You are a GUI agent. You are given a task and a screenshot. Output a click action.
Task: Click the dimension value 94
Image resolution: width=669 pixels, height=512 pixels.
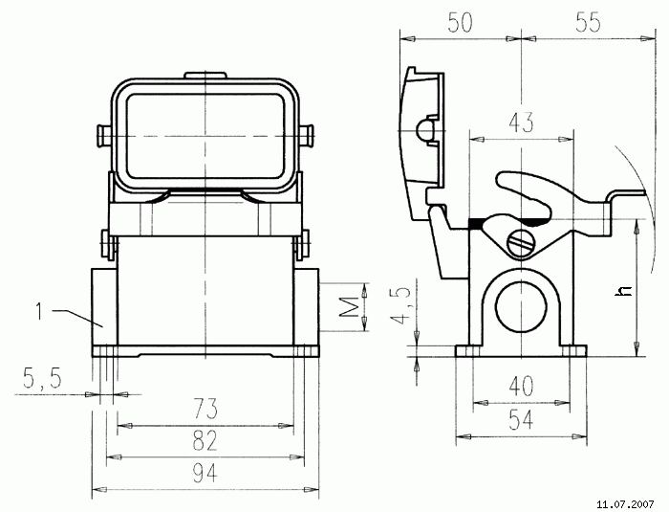pos(205,472)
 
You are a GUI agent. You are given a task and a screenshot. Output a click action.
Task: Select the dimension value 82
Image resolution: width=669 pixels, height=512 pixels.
pos(205,441)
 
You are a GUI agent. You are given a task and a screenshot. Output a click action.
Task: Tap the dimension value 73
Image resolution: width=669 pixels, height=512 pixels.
pos(205,410)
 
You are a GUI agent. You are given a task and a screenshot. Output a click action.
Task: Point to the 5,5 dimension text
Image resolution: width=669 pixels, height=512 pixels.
pos(41,380)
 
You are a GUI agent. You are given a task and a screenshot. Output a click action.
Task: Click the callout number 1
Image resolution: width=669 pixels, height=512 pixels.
pos(39,310)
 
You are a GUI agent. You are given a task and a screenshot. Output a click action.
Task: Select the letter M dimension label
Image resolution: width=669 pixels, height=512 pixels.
pos(349,307)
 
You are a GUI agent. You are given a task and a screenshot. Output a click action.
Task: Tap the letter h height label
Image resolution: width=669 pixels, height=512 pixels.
pos(623,289)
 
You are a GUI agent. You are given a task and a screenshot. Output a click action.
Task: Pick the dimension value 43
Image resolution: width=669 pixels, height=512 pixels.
pos(520,122)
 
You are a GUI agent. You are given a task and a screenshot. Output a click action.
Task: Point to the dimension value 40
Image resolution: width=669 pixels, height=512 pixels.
pos(521,387)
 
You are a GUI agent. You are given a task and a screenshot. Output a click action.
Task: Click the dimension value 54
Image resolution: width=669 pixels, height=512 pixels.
pos(521,419)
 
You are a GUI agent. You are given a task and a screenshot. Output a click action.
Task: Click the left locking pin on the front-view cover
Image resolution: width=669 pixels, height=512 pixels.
pos(104,137)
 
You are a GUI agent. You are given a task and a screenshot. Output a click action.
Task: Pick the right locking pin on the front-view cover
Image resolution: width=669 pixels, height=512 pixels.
pos(307,137)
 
